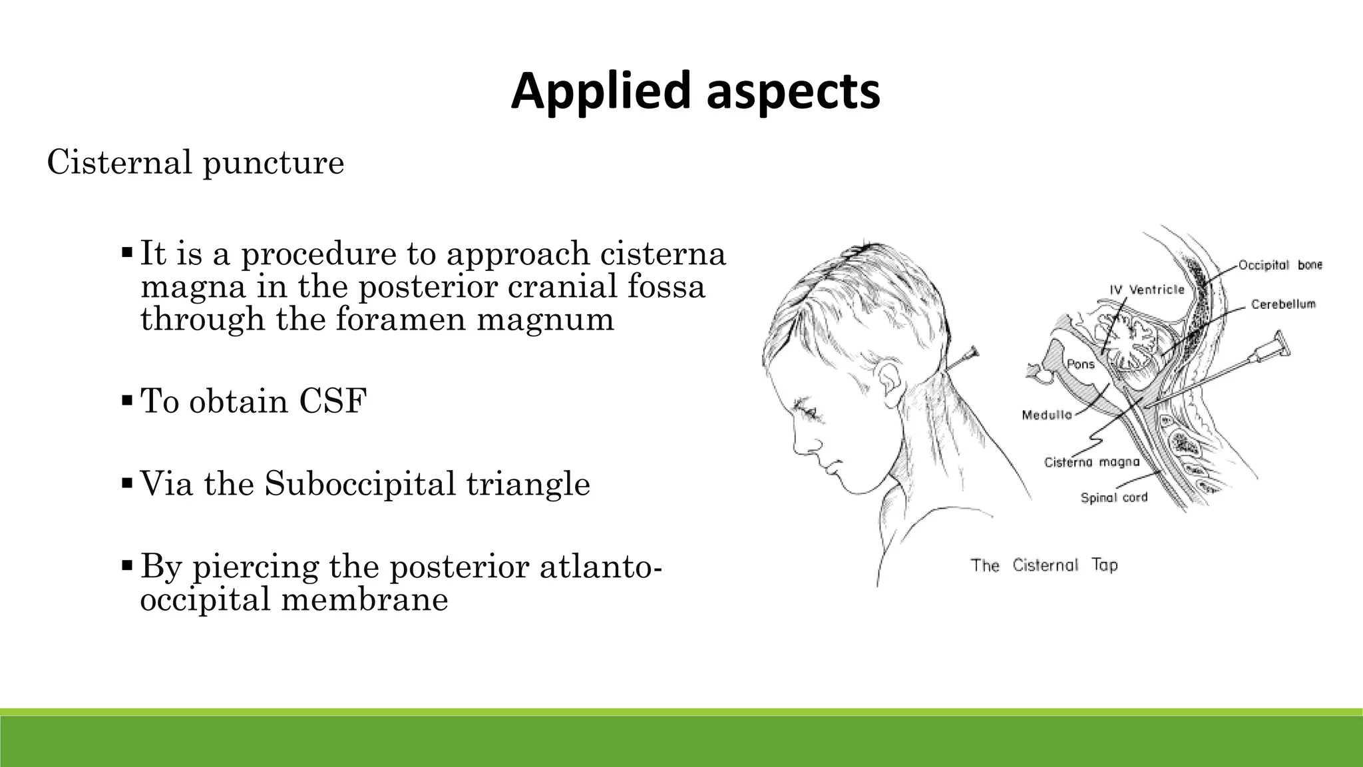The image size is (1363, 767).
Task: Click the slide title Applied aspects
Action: tap(695, 91)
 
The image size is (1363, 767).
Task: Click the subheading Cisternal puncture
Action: tap(196, 162)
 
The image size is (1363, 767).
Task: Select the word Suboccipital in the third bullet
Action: tap(359, 484)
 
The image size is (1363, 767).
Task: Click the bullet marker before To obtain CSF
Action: tap(127, 401)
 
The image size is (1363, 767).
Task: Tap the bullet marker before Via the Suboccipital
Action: tap(127, 483)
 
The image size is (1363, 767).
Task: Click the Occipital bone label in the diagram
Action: tap(1279, 266)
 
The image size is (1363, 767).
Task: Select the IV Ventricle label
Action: tap(1147, 290)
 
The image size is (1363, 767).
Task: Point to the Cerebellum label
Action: tap(1282, 304)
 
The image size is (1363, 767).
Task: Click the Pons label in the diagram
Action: tap(1080, 364)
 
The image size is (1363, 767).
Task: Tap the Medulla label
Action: tap(1047, 415)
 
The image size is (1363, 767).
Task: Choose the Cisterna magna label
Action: tap(1091, 462)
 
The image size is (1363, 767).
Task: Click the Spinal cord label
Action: tap(1113, 497)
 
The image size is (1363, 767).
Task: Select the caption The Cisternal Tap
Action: tap(1044, 566)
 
